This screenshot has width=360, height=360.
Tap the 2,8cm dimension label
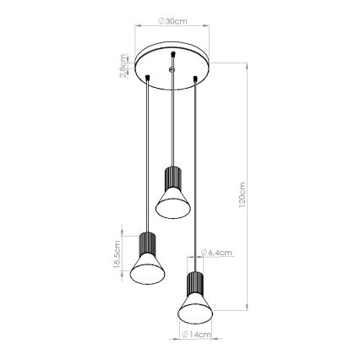pos(124,66)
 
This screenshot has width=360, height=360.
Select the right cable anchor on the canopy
pos(197,79)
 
